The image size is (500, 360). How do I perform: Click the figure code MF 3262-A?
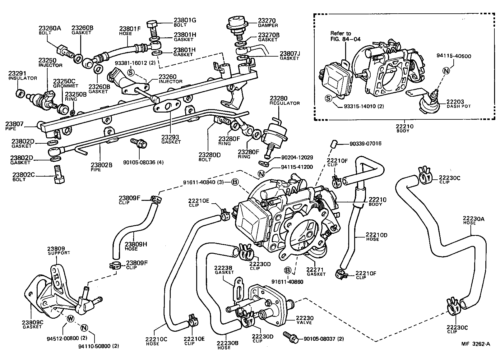point(475,344)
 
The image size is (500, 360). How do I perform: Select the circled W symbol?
point(70,319)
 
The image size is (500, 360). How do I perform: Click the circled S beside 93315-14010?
point(328,99)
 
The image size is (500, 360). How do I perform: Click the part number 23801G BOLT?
point(185,22)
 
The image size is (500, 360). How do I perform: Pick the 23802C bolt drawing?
point(59,175)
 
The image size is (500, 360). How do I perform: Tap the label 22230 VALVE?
point(304,320)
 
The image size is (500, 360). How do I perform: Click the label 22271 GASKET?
point(316,272)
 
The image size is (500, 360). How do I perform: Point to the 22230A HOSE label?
point(474,220)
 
